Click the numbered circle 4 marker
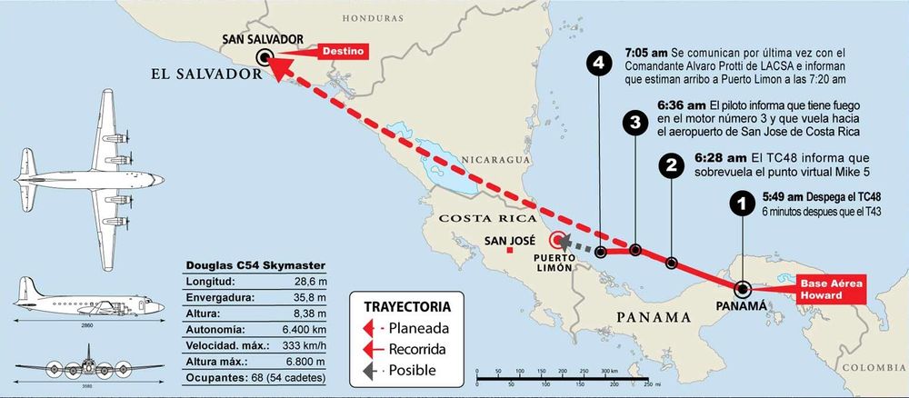tap(597, 63)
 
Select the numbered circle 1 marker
tap(743, 204)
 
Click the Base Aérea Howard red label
tap(830, 289)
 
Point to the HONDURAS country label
tap(372, 17)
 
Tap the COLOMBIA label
tap(876, 367)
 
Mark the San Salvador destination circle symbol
tap(265, 56)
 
